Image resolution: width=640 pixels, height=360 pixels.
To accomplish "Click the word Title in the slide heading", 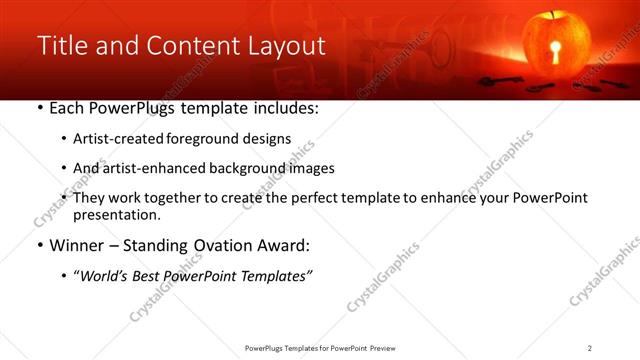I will coord(62,46).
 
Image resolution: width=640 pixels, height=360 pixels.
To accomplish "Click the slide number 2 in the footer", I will coord(590,348).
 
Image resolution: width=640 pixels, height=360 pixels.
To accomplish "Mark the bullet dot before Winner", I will coord(39,246).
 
